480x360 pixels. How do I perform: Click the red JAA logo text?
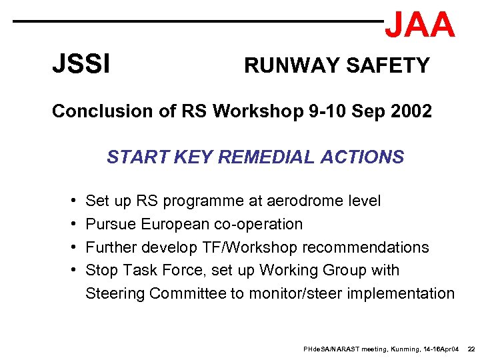(420, 25)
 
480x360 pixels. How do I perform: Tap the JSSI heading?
(81, 65)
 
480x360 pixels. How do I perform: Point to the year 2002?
(409, 111)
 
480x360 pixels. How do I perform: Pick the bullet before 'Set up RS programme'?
(71, 201)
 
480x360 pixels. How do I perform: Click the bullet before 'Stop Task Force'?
(71, 271)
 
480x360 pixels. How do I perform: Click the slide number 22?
(471, 349)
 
